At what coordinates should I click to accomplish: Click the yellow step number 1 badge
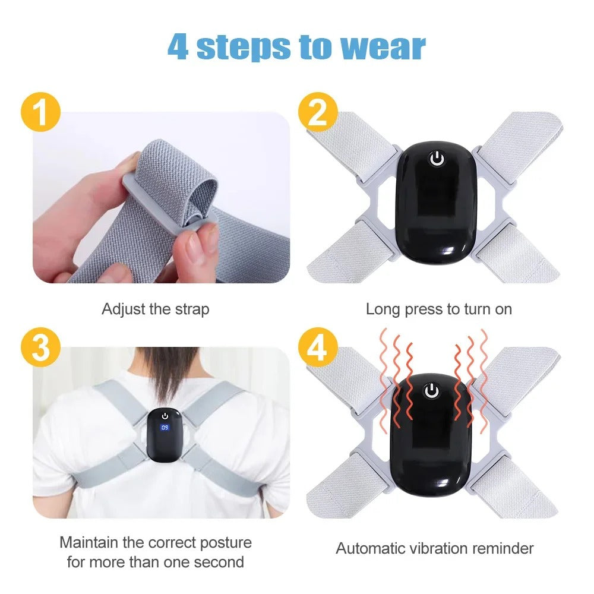(x=40, y=113)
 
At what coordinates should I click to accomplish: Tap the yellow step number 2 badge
(x=319, y=113)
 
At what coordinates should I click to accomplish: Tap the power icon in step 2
(x=437, y=159)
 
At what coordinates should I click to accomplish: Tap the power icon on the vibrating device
(x=432, y=390)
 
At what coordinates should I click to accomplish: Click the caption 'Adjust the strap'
(x=156, y=309)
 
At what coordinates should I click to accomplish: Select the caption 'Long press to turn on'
(x=438, y=309)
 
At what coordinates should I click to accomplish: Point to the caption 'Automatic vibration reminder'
(x=435, y=548)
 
